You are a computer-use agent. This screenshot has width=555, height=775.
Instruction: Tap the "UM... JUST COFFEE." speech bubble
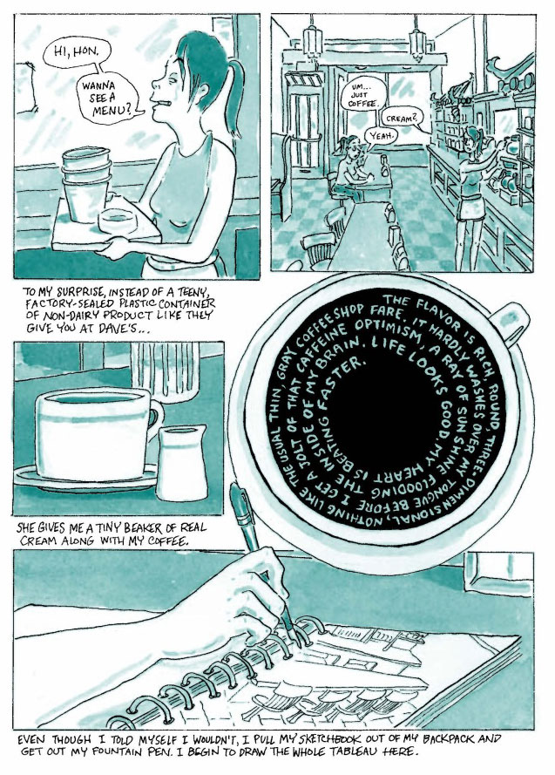pyautogui.click(x=363, y=94)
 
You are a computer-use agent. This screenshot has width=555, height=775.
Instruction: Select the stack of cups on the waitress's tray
pyautogui.click(x=85, y=184)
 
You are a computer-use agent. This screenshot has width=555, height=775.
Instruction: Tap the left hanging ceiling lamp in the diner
pyautogui.click(x=313, y=39)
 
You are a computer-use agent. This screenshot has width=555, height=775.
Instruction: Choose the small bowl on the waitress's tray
pyautogui.click(x=117, y=221)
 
